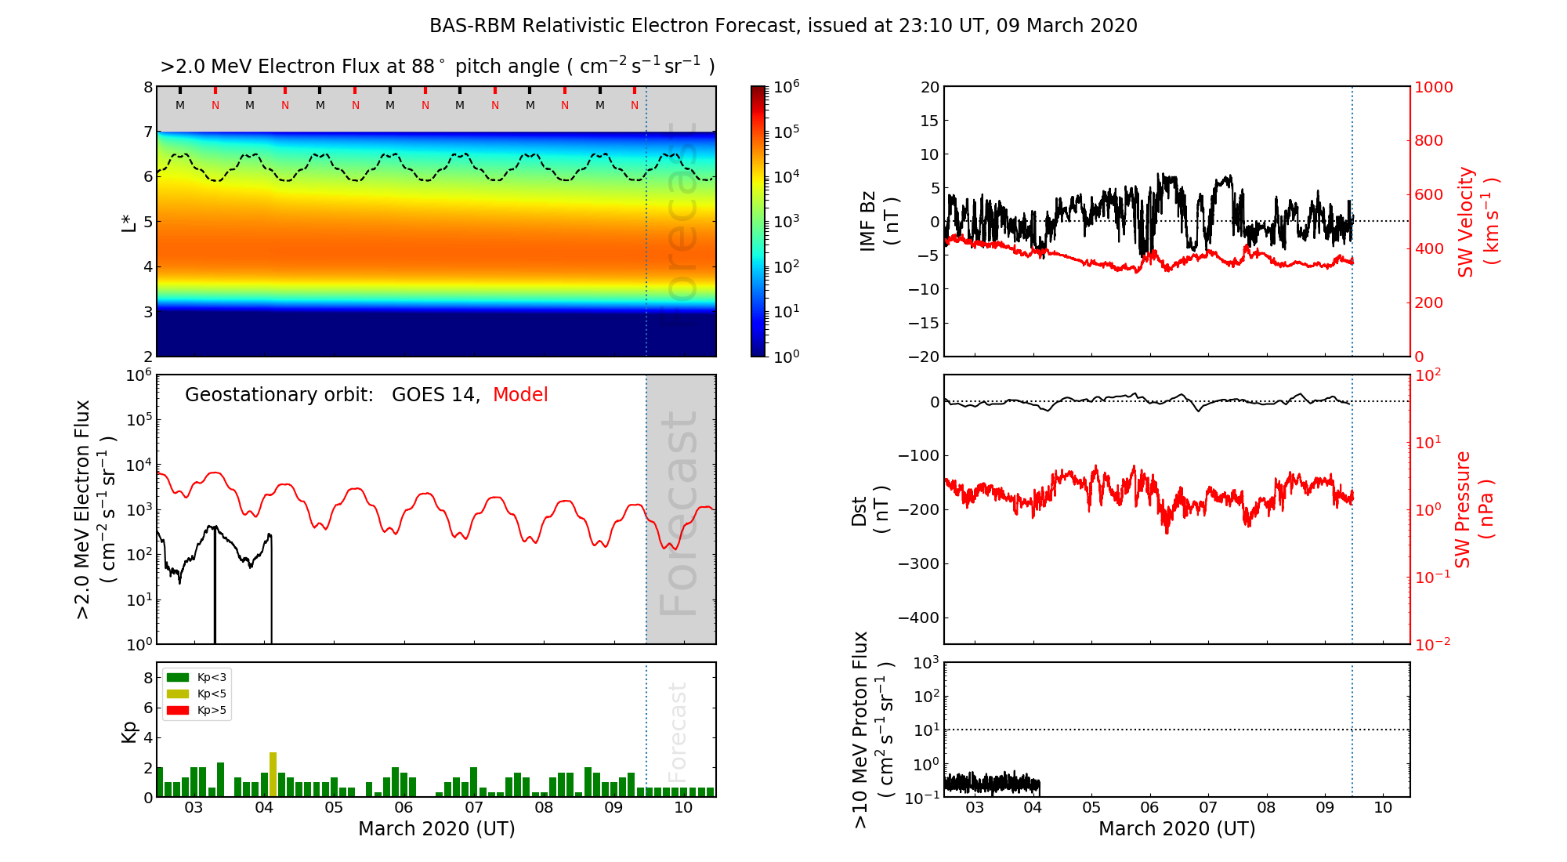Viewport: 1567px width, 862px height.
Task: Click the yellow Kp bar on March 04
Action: [x=273, y=774]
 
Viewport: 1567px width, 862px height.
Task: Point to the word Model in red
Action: [x=520, y=395]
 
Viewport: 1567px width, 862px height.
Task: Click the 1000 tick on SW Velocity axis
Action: [x=1433, y=87]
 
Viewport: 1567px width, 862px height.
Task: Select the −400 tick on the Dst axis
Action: [x=917, y=618]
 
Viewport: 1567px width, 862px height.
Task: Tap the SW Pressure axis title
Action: [x=1474, y=509]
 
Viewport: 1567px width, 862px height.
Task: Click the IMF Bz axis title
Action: [x=879, y=222]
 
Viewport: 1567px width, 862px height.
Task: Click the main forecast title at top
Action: [x=783, y=26]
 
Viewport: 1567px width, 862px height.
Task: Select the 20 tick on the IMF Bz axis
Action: [x=930, y=87]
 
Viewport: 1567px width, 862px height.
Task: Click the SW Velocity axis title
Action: [x=1477, y=222]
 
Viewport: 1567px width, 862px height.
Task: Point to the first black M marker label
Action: [x=180, y=105]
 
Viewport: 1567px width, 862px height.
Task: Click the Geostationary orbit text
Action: [x=279, y=395]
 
